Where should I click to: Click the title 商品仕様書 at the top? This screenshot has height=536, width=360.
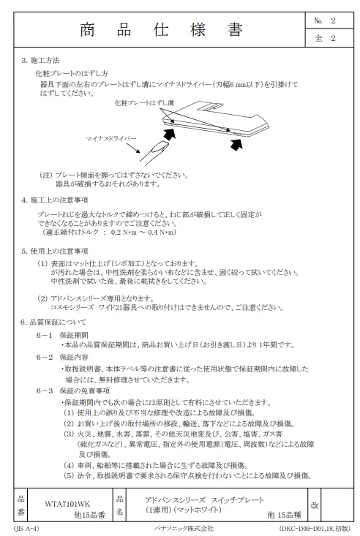[162, 30]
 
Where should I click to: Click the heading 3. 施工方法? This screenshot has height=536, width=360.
[40, 61]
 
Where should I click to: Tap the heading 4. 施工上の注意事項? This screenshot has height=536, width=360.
[55, 200]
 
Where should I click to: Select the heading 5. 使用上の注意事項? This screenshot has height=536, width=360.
[55, 252]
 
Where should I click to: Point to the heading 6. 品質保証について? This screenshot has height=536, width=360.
[53, 322]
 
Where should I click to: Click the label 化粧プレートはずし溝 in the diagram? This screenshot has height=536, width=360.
[144, 103]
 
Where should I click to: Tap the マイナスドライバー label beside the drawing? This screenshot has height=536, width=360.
[111, 139]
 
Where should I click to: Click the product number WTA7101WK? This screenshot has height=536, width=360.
[67, 504]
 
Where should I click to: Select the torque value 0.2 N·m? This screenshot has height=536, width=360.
[124, 233]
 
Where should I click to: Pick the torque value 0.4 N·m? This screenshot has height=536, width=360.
[162, 233]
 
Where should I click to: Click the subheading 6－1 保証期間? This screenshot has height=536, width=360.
[62, 336]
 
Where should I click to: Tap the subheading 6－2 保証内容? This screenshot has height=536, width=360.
[62, 358]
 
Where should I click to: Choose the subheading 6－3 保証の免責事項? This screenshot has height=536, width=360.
[73, 390]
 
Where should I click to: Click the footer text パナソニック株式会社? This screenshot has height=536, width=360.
[184, 529]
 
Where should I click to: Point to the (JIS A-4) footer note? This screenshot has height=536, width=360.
[26, 529]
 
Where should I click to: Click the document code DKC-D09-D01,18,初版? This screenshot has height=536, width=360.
[315, 529]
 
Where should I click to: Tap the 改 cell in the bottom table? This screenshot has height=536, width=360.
[315, 505]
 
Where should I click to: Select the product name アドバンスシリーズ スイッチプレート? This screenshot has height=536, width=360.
[204, 499]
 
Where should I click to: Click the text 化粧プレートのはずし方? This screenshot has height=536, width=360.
[72, 74]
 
